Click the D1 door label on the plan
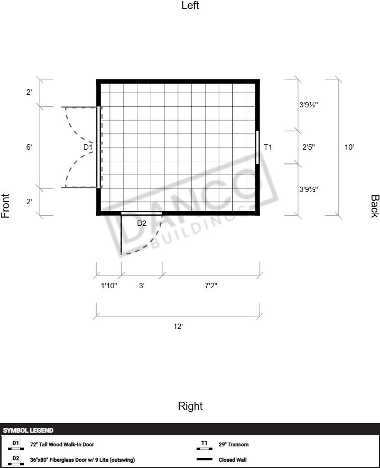pyautogui.click(x=88, y=147)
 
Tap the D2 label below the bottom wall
pyautogui.click(x=142, y=223)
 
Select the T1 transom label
pyautogui.click(x=268, y=147)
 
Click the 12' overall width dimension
pyautogui.click(x=178, y=326)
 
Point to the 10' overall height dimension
pyautogui.click(x=349, y=147)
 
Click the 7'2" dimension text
pyautogui.click(x=211, y=286)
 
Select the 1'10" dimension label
pyautogui.click(x=109, y=286)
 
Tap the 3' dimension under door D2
pyautogui.click(x=142, y=286)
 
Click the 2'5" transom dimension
pyautogui.click(x=309, y=147)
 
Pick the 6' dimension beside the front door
pyautogui.click(x=29, y=147)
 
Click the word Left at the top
pyautogui.click(x=190, y=5)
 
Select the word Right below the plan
pyautogui.click(x=190, y=406)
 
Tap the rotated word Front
pyautogui.click(x=5, y=206)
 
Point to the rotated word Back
pyautogui.click(x=375, y=206)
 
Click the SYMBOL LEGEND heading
pyautogui.click(x=28, y=430)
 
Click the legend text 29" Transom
pyautogui.click(x=234, y=444)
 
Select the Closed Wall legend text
pyautogui.click(x=233, y=460)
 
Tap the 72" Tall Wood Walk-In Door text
pyautogui.click(x=62, y=444)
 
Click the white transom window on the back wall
pyautogui.click(x=257, y=147)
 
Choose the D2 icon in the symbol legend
pyautogui.click(x=16, y=460)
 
